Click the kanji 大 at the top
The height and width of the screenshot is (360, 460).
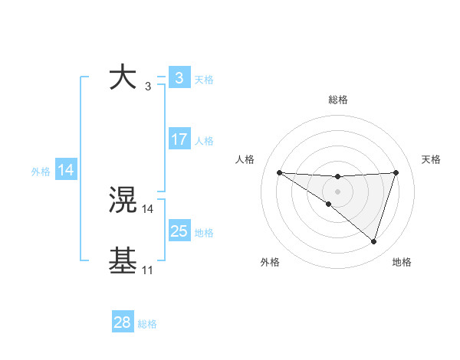pos(123,78)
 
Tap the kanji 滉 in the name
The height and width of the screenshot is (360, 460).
pos(123,201)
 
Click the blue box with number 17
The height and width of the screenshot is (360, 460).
pos(179,139)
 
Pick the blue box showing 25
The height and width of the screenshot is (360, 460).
pos(179,231)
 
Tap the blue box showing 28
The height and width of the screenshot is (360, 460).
pos(122,322)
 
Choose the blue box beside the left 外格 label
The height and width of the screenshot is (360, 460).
pos(66,170)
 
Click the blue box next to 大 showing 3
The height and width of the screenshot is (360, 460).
pos(179,78)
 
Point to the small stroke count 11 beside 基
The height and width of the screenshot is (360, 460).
pos(147,270)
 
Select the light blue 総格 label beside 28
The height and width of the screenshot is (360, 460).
pos(147,324)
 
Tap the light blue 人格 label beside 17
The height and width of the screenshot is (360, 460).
pos(204,141)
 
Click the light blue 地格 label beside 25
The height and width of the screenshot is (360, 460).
pos(204,233)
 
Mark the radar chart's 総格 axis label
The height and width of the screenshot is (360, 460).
pos(337,100)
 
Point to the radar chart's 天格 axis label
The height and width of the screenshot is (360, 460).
pos(431,159)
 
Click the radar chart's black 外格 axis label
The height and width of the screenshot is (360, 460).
pos(270,262)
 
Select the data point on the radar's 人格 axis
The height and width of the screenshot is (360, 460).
pos(279,172)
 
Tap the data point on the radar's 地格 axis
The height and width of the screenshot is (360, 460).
pos(373,241)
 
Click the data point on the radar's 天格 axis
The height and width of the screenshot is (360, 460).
pos(396,172)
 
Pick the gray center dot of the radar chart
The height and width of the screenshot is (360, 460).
pos(337,191)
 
